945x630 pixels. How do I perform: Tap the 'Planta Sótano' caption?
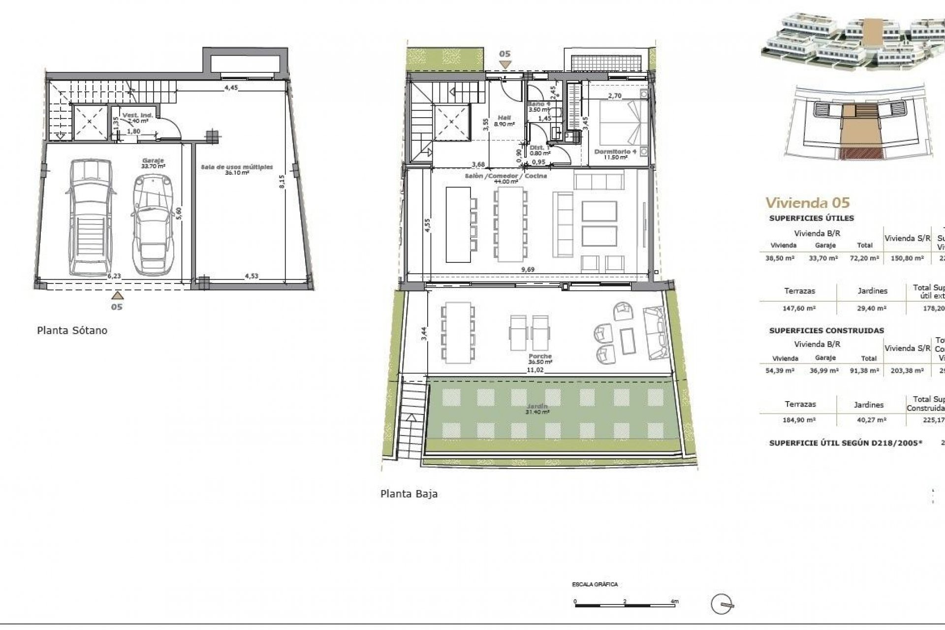pyautogui.click(x=72, y=330)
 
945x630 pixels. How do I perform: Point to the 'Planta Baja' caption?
pyautogui.click(x=409, y=494)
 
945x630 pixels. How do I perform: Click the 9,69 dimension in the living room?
pyautogui.click(x=527, y=269)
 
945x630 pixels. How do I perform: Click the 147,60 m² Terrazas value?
pyautogui.click(x=800, y=308)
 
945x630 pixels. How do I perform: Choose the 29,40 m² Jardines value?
pyautogui.click(x=872, y=308)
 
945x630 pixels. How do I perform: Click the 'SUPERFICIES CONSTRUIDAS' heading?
pyautogui.click(x=826, y=330)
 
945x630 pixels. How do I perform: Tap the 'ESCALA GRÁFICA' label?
pyautogui.click(x=595, y=585)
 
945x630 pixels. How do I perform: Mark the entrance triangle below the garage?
pyautogui.click(x=117, y=295)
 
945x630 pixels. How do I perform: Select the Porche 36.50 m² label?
pyautogui.click(x=540, y=359)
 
